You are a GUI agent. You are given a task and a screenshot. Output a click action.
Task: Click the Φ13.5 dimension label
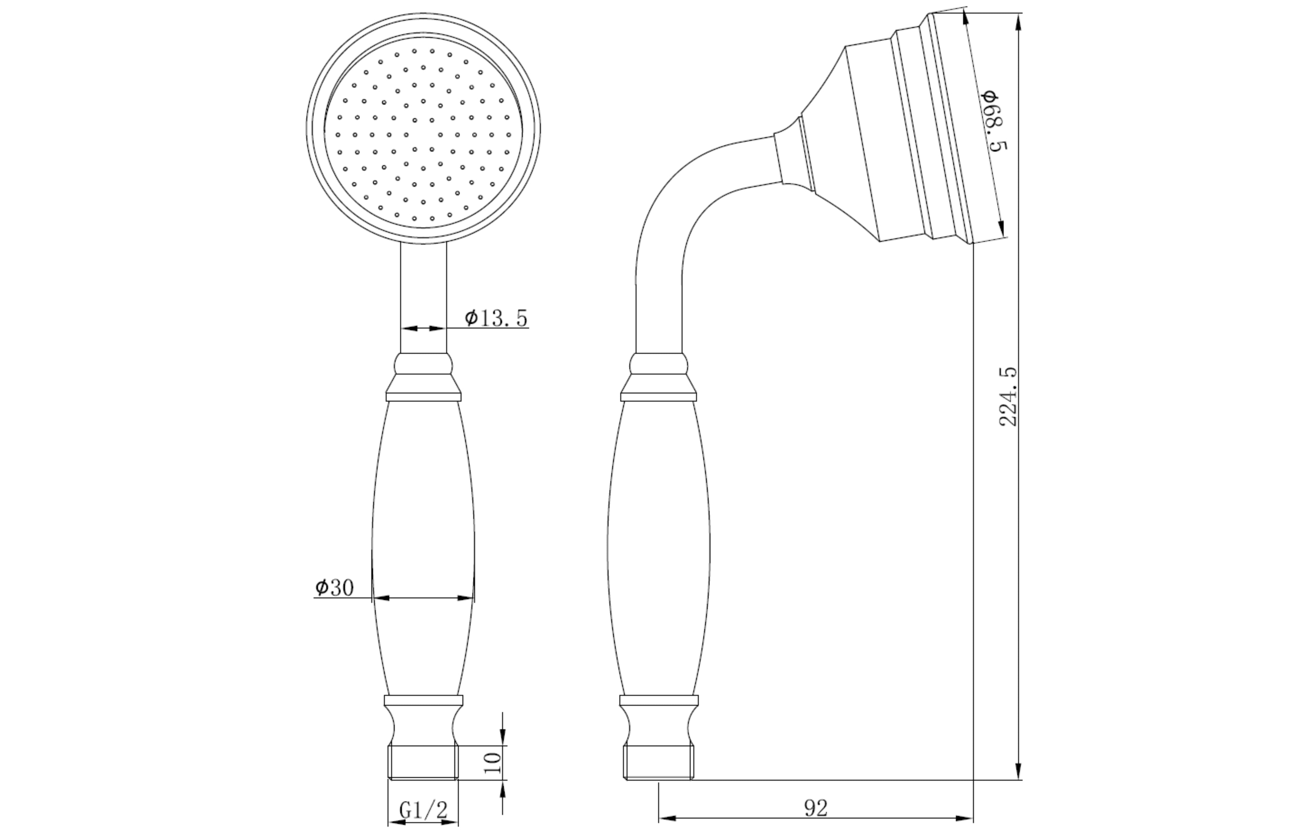(496, 318)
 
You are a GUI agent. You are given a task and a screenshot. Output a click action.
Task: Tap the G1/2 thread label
(424, 810)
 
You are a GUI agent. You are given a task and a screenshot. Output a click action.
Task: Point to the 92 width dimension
(816, 809)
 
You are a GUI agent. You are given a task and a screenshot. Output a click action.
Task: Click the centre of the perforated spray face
(424, 135)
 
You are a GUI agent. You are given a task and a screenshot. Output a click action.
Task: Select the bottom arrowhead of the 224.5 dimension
(1019, 770)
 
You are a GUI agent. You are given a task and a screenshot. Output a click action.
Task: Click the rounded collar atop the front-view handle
(424, 364)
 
